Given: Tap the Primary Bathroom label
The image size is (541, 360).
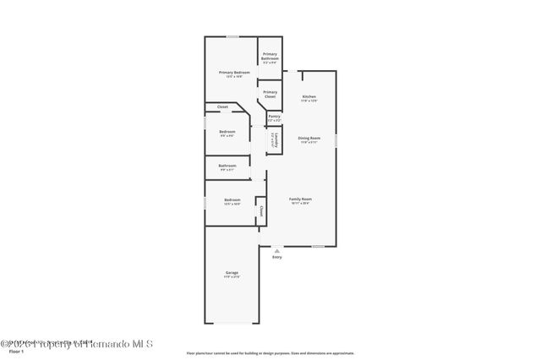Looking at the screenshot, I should point(270,56).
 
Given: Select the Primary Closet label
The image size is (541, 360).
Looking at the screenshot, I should point(270,94).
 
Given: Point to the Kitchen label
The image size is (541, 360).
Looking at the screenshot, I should point(309,97).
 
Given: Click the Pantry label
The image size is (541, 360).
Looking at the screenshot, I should point(274,117).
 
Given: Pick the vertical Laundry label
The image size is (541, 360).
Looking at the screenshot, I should point(272,141).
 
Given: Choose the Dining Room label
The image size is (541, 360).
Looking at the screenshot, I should point(309,139).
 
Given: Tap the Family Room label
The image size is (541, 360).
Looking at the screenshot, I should point(301,200).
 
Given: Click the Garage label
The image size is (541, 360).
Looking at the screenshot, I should point(232,273).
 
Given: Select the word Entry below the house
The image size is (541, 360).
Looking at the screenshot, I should point(276,257).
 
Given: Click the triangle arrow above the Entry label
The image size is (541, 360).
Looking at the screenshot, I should point(276,250).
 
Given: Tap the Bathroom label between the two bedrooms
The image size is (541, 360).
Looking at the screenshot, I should point(227,166).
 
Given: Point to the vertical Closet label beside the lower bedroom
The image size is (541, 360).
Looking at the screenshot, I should point(261,211).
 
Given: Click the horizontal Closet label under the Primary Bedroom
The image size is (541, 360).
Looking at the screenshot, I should point(222,107).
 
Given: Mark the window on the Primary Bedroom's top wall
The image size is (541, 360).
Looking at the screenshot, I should point(232,36).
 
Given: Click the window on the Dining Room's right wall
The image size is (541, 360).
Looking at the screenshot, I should point(336,139).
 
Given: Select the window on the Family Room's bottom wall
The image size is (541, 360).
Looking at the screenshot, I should point(318,247).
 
